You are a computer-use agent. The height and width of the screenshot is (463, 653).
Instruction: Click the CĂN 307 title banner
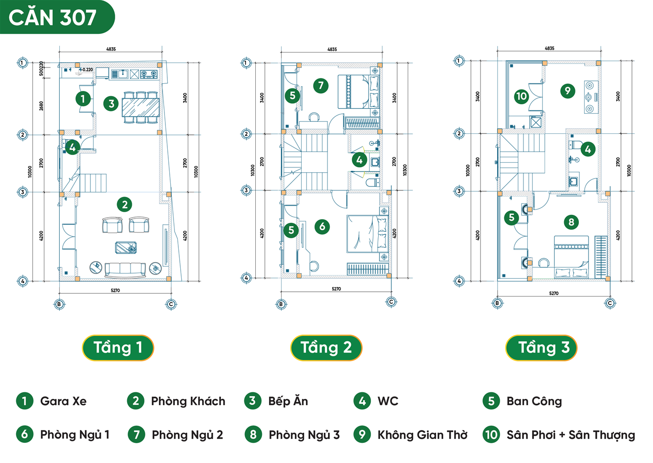(53, 17)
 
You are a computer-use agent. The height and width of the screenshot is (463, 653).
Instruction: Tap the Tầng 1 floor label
(118, 348)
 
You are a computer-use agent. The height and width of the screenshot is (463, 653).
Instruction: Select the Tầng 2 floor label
(326, 348)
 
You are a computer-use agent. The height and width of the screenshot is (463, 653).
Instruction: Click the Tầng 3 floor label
(541, 348)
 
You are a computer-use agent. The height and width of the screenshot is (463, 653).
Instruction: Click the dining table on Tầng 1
(141, 107)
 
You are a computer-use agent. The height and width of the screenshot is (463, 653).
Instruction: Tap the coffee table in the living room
(126, 247)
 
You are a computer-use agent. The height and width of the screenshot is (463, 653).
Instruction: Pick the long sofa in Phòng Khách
(125, 270)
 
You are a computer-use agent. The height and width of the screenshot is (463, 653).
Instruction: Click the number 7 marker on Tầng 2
(321, 86)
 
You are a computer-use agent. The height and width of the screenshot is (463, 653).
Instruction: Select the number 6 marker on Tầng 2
(322, 226)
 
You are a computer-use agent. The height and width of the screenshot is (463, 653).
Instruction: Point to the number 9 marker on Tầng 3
(567, 90)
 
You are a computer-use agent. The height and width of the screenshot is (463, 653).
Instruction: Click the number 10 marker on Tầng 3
(521, 96)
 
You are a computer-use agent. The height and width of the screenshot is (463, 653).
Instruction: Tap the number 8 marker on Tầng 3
(571, 222)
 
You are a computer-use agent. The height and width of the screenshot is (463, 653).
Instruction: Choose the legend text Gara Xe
(63, 401)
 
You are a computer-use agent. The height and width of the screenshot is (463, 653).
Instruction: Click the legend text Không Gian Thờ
(422, 435)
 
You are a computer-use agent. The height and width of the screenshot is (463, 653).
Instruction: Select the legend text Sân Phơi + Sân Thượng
(570, 435)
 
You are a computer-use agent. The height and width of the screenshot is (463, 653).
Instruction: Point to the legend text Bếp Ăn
(288, 401)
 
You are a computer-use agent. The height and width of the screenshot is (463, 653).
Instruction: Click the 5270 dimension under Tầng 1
(115, 290)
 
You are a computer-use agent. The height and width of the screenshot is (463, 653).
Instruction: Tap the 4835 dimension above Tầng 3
(549, 48)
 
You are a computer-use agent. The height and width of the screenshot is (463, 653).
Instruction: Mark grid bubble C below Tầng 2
(391, 302)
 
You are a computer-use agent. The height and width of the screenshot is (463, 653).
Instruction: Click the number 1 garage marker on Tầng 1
(83, 99)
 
